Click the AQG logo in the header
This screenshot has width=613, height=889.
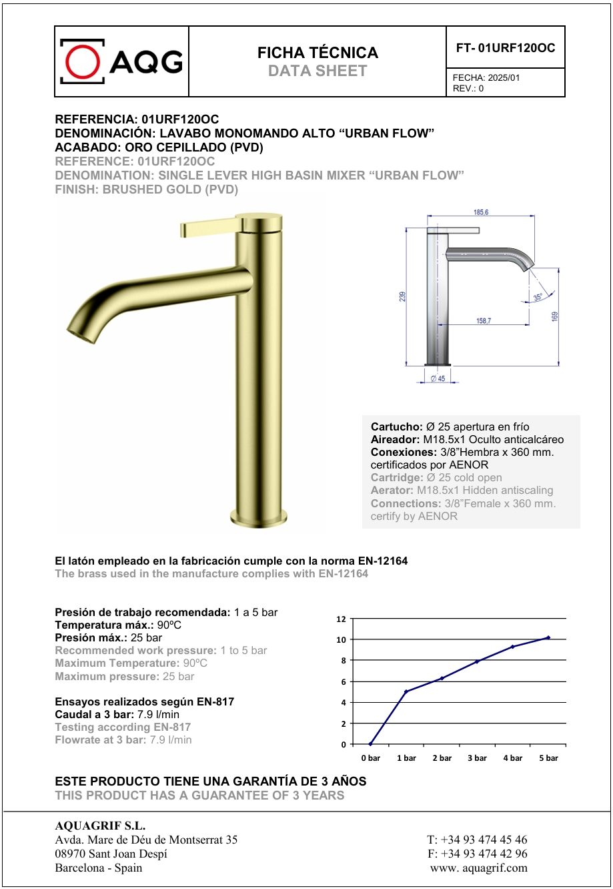pyautogui.click(x=121, y=61)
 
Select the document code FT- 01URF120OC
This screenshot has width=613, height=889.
pyautogui.click(x=505, y=48)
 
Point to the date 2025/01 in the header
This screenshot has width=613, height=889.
pyautogui.click(x=504, y=77)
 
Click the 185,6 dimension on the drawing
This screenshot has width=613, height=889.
pyautogui.click(x=481, y=212)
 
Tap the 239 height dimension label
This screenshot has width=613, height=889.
pyautogui.click(x=402, y=296)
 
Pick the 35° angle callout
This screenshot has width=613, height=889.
pyautogui.click(x=538, y=296)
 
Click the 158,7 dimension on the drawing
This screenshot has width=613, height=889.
pyautogui.click(x=484, y=320)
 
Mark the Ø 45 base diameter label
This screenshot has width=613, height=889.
pyautogui.click(x=438, y=378)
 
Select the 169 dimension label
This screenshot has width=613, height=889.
pyautogui.click(x=554, y=316)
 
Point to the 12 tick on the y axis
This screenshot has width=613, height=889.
pyautogui.click(x=341, y=619)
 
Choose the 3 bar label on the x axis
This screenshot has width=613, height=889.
pyautogui.click(x=477, y=758)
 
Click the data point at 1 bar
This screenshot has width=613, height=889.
pyautogui.click(x=406, y=691)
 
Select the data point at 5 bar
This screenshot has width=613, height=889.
pyautogui.click(x=548, y=637)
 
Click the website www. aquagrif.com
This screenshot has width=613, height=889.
pyautogui.click(x=479, y=868)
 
